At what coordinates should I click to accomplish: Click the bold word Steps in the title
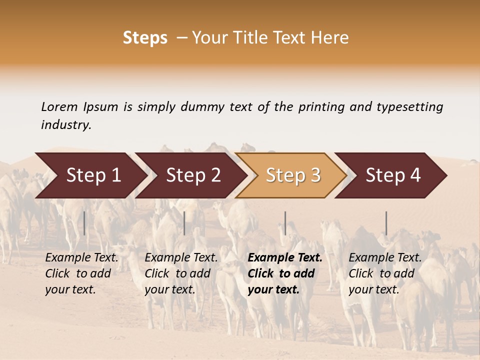[145, 38]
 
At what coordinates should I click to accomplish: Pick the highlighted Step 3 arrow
[293, 175]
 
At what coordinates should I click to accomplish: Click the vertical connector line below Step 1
[84, 223]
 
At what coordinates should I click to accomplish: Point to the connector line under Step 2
[184, 223]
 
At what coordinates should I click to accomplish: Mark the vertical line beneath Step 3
[285, 223]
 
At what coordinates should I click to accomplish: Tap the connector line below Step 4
[386, 223]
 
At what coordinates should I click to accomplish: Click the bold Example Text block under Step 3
[285, 273]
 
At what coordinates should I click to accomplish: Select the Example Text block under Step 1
[81, 273]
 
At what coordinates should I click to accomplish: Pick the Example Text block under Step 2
[181, 273]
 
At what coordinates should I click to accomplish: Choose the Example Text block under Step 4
[385, 273]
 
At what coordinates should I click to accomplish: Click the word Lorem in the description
[59, 106]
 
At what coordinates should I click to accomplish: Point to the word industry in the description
[66, 125]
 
